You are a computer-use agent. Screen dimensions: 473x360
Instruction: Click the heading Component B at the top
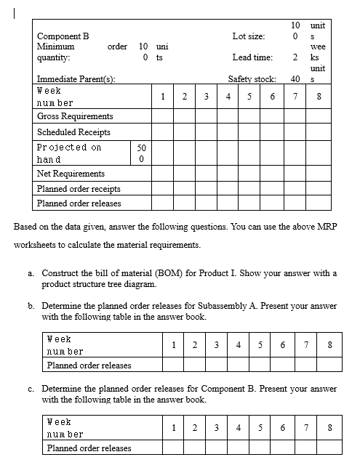[63, 36]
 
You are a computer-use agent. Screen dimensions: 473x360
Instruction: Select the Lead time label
[252, 57]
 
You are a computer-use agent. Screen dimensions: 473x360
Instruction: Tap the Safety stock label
[252, 78]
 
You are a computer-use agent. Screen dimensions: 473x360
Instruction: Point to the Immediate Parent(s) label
[75, 78]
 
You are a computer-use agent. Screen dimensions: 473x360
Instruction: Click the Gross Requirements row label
[75, 116]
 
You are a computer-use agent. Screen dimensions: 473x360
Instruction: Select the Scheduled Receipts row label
[73, 132]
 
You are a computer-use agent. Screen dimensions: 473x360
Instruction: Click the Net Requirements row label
[71, 174]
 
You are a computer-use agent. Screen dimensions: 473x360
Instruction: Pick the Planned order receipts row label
[79, 189]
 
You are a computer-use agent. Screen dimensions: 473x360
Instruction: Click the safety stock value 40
[295, 78]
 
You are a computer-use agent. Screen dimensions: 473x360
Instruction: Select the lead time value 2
[295, 57]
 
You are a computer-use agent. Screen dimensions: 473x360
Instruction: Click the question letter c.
[31, 389]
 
